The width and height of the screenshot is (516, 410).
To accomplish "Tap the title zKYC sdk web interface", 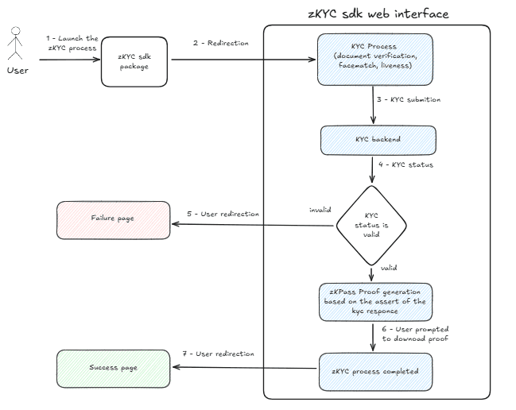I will coord(378,14).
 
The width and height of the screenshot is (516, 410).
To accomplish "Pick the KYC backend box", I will coord(378,139).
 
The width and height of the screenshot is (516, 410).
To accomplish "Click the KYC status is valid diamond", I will coord(371,226).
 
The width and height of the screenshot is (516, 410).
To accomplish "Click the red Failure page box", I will coord(114,219).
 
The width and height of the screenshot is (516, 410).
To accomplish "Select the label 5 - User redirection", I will coord(223,214).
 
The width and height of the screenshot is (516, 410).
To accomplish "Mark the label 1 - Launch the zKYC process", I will coord(72,43).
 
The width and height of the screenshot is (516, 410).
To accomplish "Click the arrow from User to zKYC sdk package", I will coord(70,60).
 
